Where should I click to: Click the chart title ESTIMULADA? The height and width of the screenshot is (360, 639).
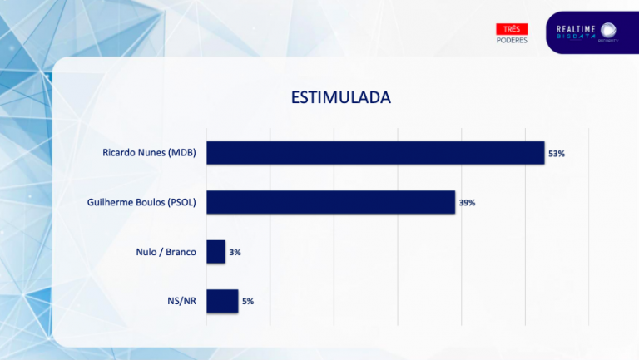point(340,97)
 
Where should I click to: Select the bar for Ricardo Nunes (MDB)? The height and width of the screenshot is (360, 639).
point(375,153)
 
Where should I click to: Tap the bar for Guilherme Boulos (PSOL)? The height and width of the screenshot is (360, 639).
point(330,202)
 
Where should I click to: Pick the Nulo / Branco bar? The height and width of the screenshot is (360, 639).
point(215,251)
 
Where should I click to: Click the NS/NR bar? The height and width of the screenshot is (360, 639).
point(222,301)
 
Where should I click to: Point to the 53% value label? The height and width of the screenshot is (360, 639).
point(557,154)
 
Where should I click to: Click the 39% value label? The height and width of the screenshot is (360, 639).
point(467,203)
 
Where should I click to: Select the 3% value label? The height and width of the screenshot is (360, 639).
point(235,252)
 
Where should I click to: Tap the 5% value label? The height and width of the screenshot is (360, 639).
point(248,301)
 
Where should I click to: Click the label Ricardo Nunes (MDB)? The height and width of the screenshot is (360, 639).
point(149,153)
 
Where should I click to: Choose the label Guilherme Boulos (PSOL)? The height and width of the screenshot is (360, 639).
point(141,202)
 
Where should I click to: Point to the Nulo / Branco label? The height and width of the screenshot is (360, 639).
point(166,251)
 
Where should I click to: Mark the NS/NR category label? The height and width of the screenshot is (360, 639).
point(181,301)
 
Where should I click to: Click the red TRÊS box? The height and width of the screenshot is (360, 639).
point(512,29)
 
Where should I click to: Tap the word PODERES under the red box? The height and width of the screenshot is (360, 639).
point(512,40)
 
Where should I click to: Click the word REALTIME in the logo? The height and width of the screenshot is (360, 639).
point(576,29)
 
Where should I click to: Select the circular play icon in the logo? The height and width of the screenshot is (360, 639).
point(608,30)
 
